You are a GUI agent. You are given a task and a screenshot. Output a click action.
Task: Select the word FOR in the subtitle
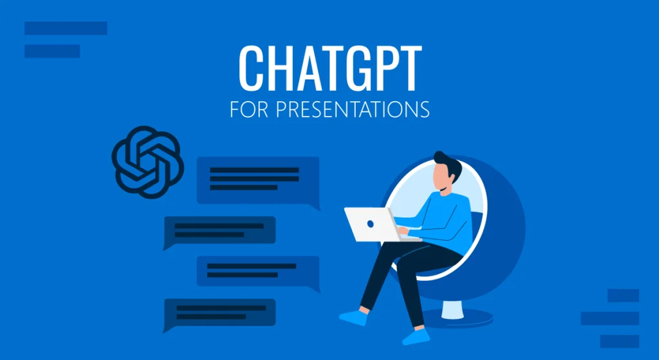coord(247,109)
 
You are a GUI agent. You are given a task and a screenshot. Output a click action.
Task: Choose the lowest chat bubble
coord(220,312)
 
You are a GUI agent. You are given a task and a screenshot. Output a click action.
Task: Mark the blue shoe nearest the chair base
coord(415,336)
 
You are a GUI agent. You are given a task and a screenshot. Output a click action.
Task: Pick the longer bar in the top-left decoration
coord(66,28)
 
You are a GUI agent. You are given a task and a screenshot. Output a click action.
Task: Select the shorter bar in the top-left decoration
coord(52,51)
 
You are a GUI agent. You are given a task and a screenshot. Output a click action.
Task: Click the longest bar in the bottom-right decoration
coord(609,318)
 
